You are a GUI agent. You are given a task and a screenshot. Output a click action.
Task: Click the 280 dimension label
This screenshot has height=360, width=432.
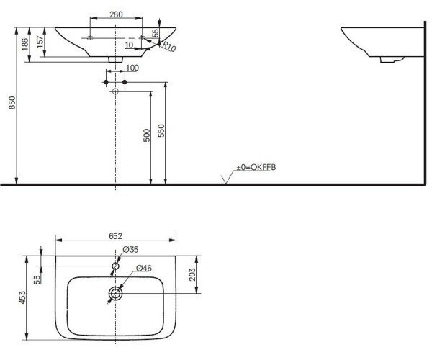tap(116, 14)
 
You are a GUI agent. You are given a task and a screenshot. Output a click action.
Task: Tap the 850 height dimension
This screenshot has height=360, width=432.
tap(13, 103)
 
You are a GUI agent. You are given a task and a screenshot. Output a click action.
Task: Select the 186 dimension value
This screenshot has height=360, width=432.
tap(25, 44)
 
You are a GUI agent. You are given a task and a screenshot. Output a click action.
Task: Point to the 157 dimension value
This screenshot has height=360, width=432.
tap(40, 42)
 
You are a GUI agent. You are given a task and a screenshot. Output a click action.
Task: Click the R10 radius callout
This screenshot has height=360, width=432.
tap(168, 47)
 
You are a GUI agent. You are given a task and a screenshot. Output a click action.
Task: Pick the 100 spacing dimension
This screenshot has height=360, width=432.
tap(132, 68)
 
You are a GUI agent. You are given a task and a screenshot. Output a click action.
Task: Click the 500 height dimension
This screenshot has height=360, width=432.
tap(147, 135)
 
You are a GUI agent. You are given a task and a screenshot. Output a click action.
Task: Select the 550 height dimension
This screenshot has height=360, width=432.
tap(161, 130)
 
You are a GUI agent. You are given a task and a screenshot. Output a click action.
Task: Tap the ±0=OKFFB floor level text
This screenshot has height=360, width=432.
tap(256, 167)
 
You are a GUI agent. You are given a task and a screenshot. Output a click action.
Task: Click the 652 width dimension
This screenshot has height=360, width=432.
tap(115, 236)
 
